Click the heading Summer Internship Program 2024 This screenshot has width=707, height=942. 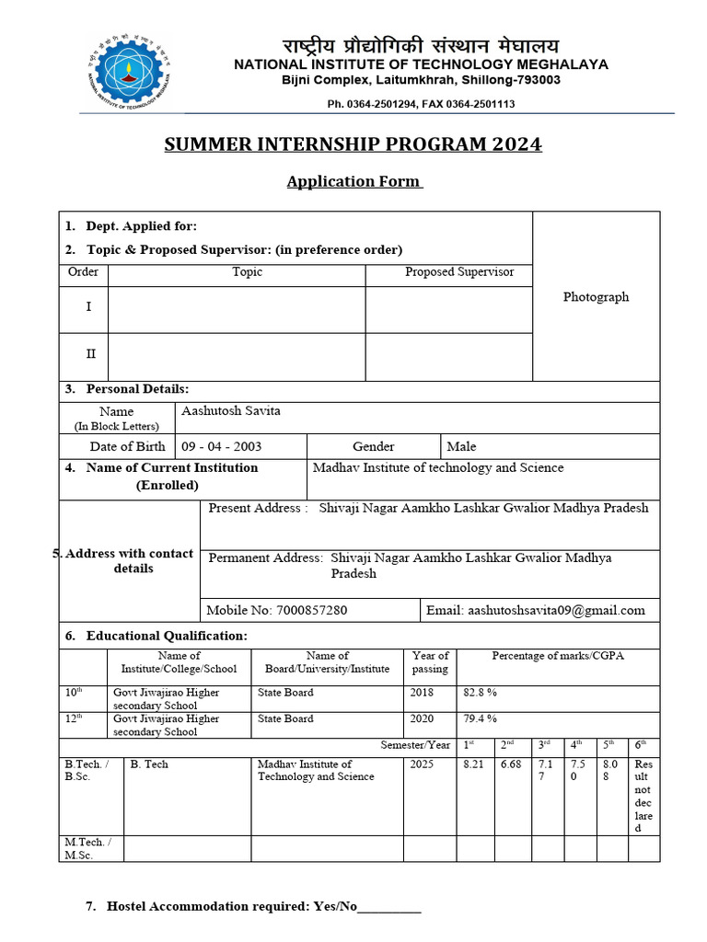353,144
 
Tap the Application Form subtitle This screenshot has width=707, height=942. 354,181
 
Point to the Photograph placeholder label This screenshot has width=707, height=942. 596,297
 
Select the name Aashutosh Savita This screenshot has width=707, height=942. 231,411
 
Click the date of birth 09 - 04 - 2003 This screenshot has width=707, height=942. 222,446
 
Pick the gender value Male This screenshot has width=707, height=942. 461,446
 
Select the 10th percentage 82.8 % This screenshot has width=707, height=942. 480,693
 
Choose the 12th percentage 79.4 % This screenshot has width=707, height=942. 480,719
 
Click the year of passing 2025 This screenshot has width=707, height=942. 422,764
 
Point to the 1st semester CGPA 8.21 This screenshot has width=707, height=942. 473,764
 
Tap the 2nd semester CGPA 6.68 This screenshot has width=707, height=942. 511,764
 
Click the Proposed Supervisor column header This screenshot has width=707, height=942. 459,272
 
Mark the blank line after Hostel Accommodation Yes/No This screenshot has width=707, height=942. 388,907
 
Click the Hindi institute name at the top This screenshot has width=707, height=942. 420,46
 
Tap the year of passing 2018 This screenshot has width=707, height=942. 422,693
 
